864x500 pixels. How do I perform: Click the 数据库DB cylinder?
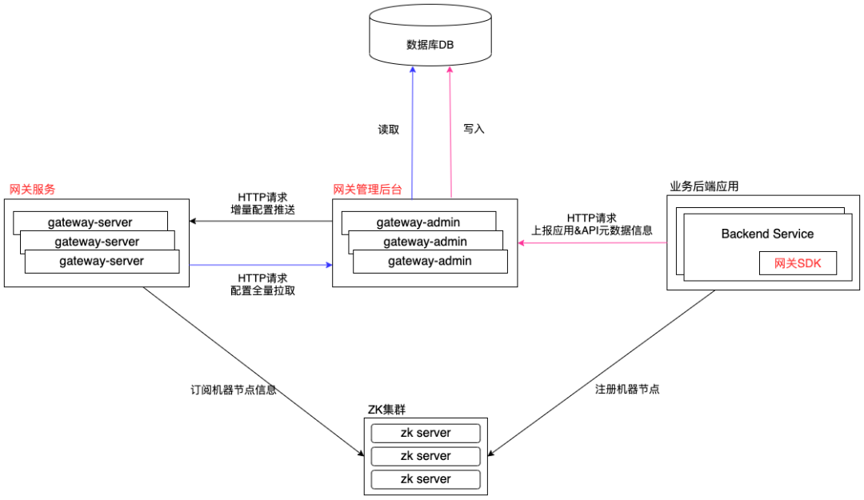(x=430, y=43)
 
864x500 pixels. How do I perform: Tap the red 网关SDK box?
(x=798, y=262)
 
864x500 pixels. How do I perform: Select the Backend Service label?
(x=766, y=234)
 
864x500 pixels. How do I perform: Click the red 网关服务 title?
(x=32, y=190)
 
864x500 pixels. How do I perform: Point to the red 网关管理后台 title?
(x=367, y=190)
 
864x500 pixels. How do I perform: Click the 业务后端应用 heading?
(x=703, y=186)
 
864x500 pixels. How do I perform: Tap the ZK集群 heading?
(x=386, y=410)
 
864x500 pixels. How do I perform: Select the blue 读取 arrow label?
(x=389, y=129)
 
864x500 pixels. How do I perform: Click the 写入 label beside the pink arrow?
(x=474, y=128)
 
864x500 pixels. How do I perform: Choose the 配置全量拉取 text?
(x=262, y=290)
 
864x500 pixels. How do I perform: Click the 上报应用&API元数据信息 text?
(x=592, y=230)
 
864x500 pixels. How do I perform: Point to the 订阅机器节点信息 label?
(x=234, y=390)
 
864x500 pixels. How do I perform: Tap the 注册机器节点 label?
(x=627, y=390)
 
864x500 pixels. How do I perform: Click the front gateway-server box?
(x=102, y=261)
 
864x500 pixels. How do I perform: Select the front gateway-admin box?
(x=430, y=261)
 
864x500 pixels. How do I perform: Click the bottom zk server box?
(x=426, y=479)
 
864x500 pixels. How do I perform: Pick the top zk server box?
(x=426, y=433)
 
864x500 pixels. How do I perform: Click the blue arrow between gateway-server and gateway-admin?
(x=260, y=264)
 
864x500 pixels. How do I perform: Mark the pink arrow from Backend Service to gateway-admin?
(x=592, y=243)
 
